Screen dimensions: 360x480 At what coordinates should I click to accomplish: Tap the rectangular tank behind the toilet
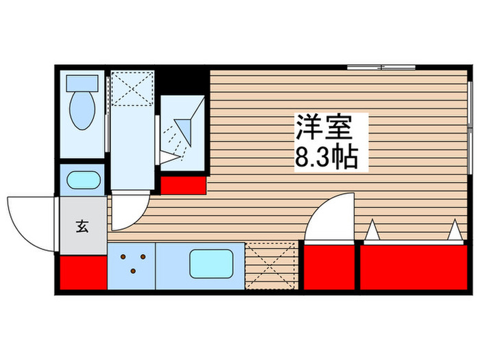point(81,82)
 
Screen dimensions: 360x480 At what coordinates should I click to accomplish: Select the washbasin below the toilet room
point(82,181)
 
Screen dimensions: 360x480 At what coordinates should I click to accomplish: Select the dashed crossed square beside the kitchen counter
point(271,265)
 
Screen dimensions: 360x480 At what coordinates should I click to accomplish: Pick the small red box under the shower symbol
point(184,184)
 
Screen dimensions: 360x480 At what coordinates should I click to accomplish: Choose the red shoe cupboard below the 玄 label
point(82,274)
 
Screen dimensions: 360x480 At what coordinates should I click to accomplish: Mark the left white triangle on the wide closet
point(372,231)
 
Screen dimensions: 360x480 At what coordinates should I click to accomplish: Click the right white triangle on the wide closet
point(455,231)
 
